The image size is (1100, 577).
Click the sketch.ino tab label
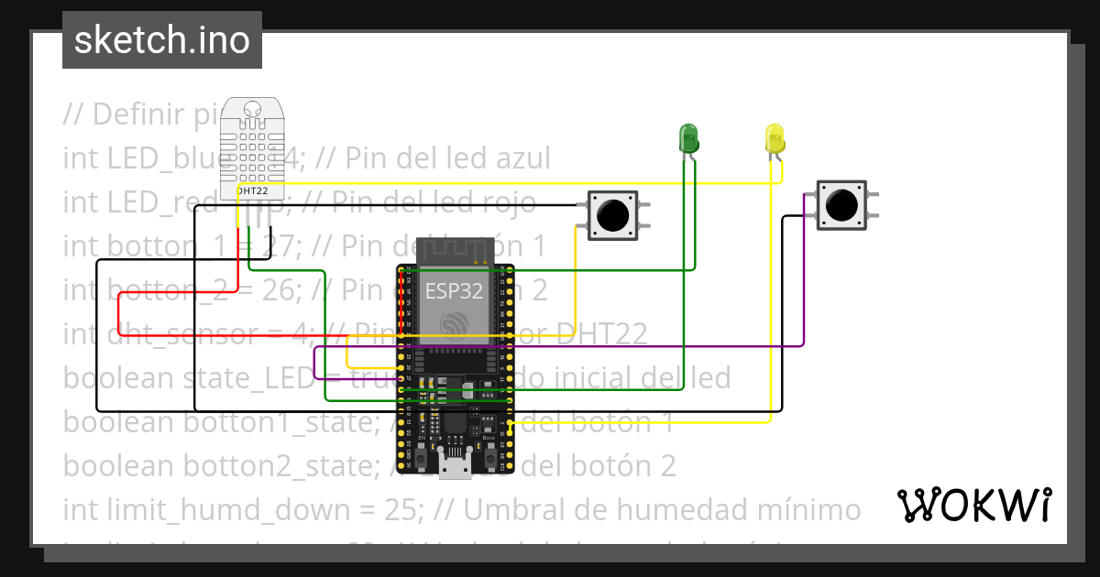[x=161, y=40]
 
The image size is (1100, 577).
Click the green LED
[x=687, y=138]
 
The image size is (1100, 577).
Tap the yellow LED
[x=775, y=139]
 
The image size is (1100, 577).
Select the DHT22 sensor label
[x=251, y=191]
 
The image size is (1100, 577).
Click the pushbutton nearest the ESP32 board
[x=611, y=215]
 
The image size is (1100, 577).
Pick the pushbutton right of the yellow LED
[x=841, y=204]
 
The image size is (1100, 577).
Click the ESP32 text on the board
[x=453, y=291]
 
